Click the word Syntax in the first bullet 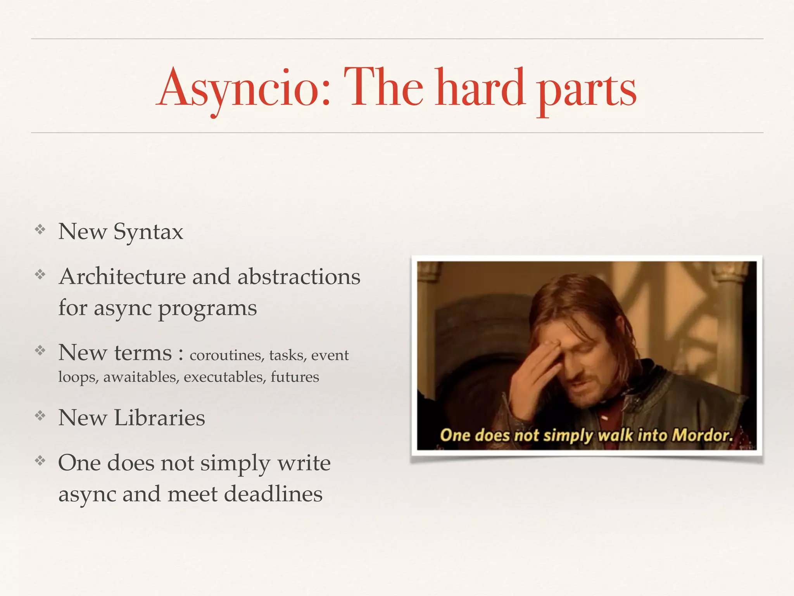click(148, 232)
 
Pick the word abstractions click(299, 277)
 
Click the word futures click(295, 377)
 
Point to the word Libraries click(159, 418)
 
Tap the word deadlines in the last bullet click(273, 494)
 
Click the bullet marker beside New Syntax click(40, 230)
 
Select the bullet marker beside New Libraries click(40, 416)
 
